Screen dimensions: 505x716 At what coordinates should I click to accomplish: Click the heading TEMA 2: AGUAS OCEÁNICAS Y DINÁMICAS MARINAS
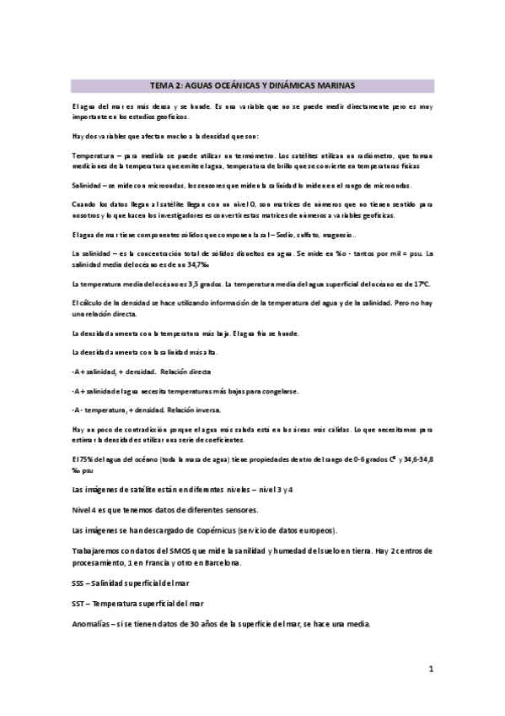click(x=252, y=85)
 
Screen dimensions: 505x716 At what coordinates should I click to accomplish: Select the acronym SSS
click(x=82, y=583)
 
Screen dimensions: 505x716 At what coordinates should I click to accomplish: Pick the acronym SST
click(x=81, y=604)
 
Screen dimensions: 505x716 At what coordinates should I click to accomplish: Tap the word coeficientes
click(x=223, y=440)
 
